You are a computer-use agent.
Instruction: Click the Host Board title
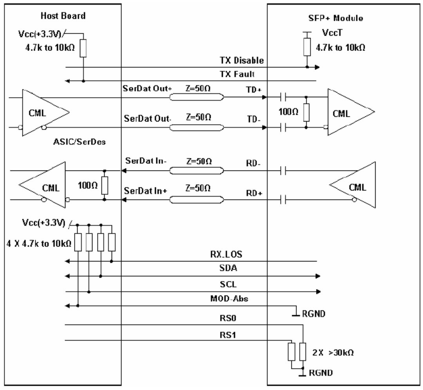[x=63, y=16]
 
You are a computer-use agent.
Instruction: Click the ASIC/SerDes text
[x=80, y=142]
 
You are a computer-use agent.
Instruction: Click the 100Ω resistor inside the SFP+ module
[x=306, y=112]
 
